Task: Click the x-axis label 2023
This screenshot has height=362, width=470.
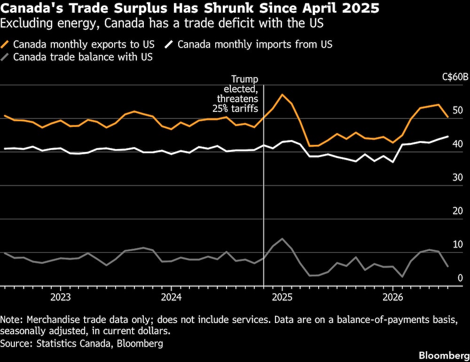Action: pyautogui.click(x=61, y=297)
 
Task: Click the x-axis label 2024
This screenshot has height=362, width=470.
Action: pyautogui.click(x=171, y=297)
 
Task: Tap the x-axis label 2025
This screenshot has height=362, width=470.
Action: pyautogui.click(x=282, y=297)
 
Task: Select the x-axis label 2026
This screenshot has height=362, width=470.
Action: pyautogui.click(x=393, y=297)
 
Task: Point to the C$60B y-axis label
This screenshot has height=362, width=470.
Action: pyautogui.click(x=455, y=77)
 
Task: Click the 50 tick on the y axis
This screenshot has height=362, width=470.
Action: pyautogui.click(x=458, y=110)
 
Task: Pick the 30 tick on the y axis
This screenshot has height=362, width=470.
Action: pyautogui.click(x=458, y=177)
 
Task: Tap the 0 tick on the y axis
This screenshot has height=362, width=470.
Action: pyautogui.click(x=460, y=278)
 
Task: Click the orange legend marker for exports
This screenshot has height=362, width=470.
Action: pyautogui.click(x=5, y=44)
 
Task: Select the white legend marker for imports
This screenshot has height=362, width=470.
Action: pyautogui.click(x=169, y=44)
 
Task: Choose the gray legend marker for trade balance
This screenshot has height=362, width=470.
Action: pyautogui.click(x=5, y=57)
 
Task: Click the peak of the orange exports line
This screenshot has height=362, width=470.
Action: pyautogui.click(x=282, y=94)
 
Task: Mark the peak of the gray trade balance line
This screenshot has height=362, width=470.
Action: pyautogui.click(x=282, y=239)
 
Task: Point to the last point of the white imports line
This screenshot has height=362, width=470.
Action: pyautogui.click(x=448, y=136)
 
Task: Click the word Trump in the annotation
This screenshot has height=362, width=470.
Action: pyautogui.click(x=244, y=79)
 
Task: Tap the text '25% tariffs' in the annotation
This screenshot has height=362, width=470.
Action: pyautogui.click(x=235, y=108)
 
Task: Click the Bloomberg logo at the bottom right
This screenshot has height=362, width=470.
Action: pyautogui.click(x=444, y=355)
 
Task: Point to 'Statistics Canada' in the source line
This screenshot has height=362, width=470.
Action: pyautogui.click(x=73, y=343)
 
